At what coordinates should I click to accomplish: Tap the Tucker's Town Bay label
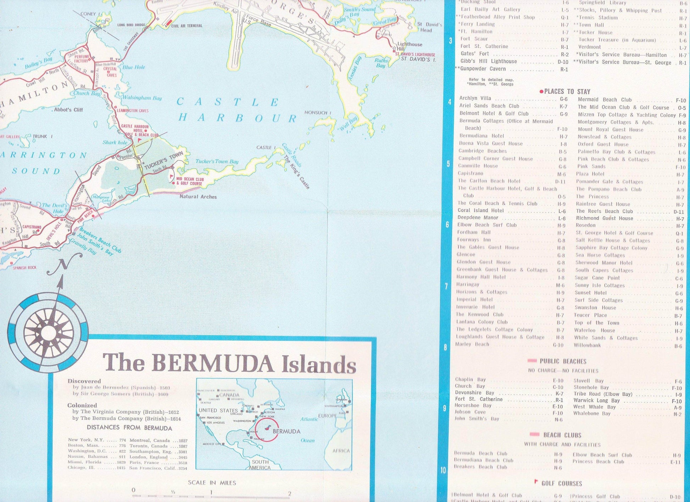point(217,161)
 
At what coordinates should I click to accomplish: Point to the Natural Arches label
point(198,197)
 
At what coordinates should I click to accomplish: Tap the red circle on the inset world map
point(267,430)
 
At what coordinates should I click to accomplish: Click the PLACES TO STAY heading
point(567,92)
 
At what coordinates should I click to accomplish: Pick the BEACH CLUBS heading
point(562,435)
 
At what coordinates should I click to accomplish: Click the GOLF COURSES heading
point(562,483)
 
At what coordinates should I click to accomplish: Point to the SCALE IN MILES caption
point(212,482)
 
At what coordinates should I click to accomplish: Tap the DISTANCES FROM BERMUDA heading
point(129,428)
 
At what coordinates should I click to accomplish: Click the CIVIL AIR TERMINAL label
point(187,26)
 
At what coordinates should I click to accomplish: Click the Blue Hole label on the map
point(134,67)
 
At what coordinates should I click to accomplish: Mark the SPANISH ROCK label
point(24,267)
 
